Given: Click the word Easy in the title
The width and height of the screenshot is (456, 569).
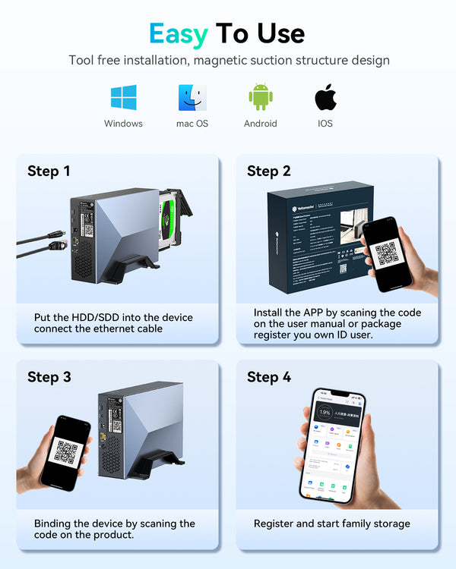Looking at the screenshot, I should pyautogui.click(x=179, y=33).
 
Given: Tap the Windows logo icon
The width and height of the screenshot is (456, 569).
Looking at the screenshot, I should pyautogui.click(x=123, y=97).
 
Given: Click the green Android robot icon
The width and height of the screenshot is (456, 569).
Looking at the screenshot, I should pyautogui.click(x=260, y=97).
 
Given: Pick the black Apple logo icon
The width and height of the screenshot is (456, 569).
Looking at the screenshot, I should pyautogui.click(x=325, y=97).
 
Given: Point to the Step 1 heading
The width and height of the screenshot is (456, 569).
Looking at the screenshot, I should pyautogui.click(x=49, y=171).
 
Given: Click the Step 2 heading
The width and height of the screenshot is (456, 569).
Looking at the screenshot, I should pyautogui.click(x=268, y=171).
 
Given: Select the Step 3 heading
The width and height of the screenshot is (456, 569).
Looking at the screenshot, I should pyautogui.click(x=49, y=377).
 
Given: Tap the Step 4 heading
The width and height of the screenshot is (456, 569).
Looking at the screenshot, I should pyautogui.click(x=268, y=377).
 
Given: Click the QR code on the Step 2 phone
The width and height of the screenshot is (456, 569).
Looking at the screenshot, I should pyautogui.click(x=387, y=253).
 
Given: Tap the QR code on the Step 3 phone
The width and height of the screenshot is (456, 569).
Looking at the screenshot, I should pyautogui.click(x=66, y=452).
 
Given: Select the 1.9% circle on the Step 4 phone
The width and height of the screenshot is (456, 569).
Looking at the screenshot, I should pyautogui.click(x=324, y=413).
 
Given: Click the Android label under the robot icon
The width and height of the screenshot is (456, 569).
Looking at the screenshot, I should pyautogui.click(x=260, y=124).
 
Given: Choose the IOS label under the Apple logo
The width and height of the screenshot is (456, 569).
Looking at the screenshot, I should pyautogui.click(x=325, y=124).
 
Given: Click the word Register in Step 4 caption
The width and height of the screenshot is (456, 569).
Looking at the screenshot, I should pyautogui.click(x=274, y=523).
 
